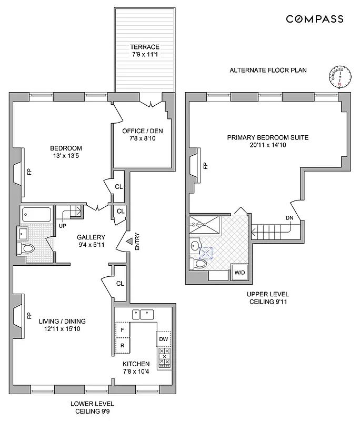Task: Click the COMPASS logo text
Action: point(315,19)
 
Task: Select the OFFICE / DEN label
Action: point(142,131)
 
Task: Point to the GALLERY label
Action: point(91,237)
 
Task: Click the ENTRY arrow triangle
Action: point(128,242)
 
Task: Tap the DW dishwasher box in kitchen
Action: point(163,339)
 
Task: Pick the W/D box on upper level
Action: point(239,273)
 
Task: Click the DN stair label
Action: point(289,217)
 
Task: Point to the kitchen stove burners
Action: point(165,357)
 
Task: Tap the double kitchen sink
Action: point(143,315)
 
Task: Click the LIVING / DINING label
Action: point(62,321)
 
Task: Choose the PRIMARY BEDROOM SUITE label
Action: point(267,137)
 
